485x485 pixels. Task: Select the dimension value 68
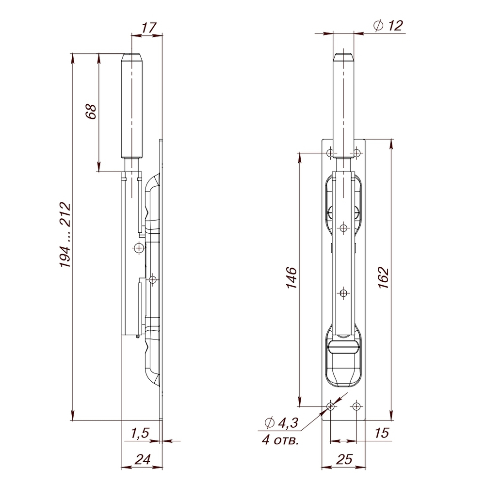pos(91,112)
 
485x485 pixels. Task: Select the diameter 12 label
pos(389,26)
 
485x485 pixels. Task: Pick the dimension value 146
pos(291,278)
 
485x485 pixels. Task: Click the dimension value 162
pos(383,278)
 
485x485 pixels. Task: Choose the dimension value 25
pos(343,458)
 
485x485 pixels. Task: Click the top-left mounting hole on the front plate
pos(330,153)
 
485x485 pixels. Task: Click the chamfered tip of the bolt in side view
pos(132,56)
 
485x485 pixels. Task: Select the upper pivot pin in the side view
pos(139,248)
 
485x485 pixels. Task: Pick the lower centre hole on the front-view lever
pos(343,293)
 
